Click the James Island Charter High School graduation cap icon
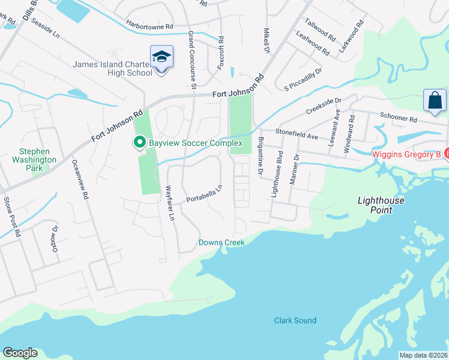(161, 57)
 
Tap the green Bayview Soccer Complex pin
(140, 143)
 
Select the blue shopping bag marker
(435, 100)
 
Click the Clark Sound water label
(295, 320)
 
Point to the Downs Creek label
(221, 243)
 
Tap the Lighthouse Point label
(381, 205)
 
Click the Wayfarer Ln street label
(170, 204)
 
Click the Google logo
(20, 353)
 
